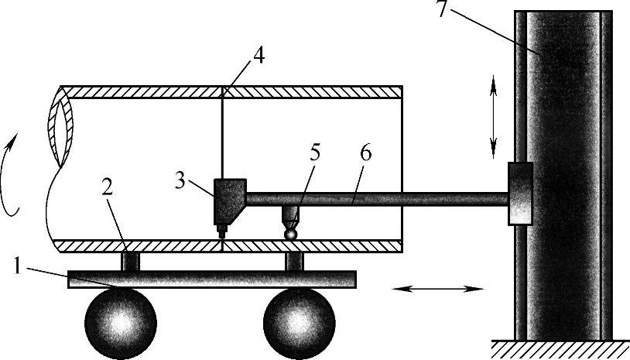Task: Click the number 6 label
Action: tap(365, 152)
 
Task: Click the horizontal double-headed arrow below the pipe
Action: tap(439, 289)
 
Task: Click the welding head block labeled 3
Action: tap(228, 199)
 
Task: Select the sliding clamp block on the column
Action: tap(520, 194)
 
